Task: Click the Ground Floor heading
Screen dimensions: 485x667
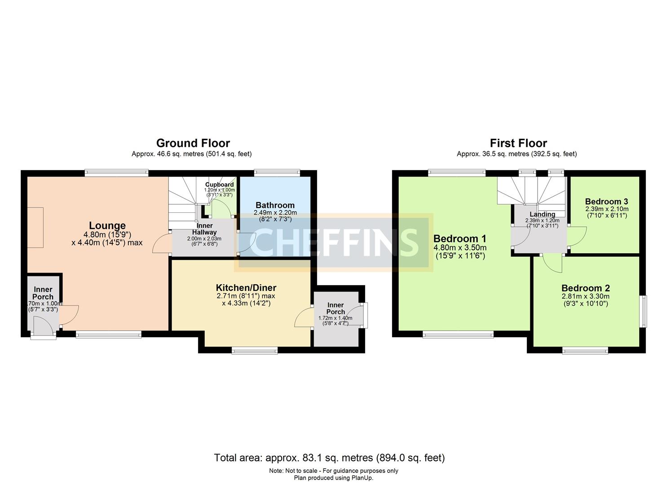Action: [193, 143]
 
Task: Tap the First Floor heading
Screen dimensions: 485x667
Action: [518, 143]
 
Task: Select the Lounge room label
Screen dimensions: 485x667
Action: [107, 225]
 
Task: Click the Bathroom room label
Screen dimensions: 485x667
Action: [275, 205]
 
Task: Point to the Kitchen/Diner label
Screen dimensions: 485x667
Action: [246, 288]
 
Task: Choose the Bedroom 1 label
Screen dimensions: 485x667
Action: [459, 238]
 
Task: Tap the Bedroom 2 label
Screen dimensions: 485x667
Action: [585, 288]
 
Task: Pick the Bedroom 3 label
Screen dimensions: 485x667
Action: [606, 202]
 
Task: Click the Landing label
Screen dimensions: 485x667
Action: [542, 214]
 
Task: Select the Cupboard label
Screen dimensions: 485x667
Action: [219, 185]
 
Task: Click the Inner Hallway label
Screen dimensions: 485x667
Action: [204, 229]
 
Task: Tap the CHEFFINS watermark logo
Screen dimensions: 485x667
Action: [333, 242]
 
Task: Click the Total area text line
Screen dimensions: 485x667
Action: [329, 458]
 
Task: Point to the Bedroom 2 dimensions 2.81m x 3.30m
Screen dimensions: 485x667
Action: [585, 296]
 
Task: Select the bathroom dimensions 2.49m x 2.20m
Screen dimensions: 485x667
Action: [275, 212]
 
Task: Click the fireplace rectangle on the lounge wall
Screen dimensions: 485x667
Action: [35, 227]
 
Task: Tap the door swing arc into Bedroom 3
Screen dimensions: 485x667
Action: [577, 237]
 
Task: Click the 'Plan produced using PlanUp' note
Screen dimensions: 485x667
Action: [333, 478]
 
